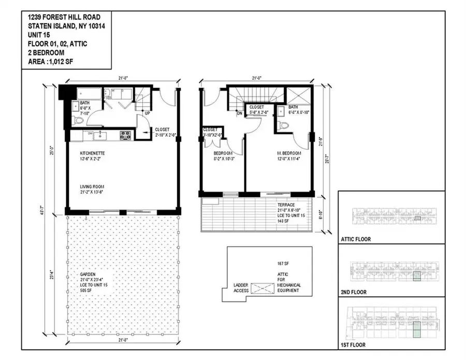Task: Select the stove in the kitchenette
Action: point(125,136)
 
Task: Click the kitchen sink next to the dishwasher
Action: point(102,136)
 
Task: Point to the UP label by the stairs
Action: point(148,112)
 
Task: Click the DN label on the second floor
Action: point(239,112)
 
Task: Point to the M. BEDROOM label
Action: point(288,154)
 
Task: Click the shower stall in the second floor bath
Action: point(299,96)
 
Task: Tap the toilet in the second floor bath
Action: point(284,125)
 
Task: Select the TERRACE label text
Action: point(286,205)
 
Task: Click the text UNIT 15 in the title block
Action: point(40,36)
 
